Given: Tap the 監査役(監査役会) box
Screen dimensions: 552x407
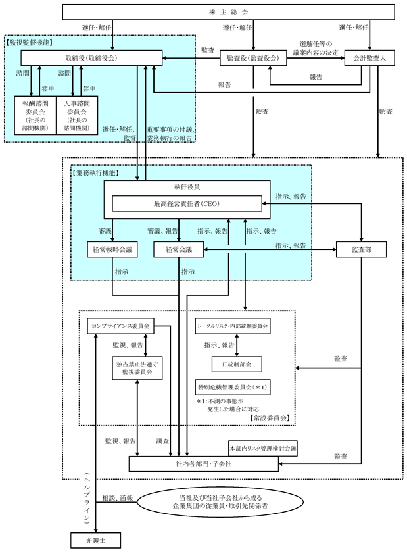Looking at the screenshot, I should click(x=253, y=58).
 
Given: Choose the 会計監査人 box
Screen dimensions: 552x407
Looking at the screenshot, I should click(x=370, y=58).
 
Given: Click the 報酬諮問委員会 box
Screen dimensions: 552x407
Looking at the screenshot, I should click(x=35, y=114).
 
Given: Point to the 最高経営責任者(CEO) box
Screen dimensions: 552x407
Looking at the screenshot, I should click(x=187, y=204).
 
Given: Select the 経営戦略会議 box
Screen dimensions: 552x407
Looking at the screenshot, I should click(x=113, y=249).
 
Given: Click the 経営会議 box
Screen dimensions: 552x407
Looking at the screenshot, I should click(x=179, y=249).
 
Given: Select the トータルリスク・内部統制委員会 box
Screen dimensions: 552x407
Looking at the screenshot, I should click(x=233, y=326).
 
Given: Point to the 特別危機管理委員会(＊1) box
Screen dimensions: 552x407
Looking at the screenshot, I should click(x=233, y=386).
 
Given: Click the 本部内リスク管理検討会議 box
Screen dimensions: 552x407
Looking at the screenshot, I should click(x=262, y=448).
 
